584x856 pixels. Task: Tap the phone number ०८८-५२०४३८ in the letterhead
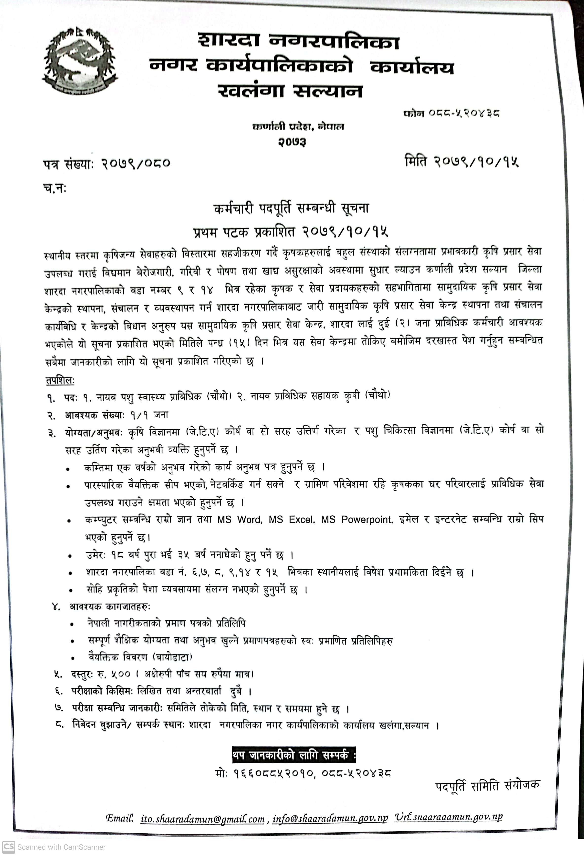coord(464,113)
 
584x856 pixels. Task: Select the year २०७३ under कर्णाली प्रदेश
coord(292,141)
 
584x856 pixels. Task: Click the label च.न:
coord(55,188)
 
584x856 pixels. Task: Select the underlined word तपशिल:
coord(60,380)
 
